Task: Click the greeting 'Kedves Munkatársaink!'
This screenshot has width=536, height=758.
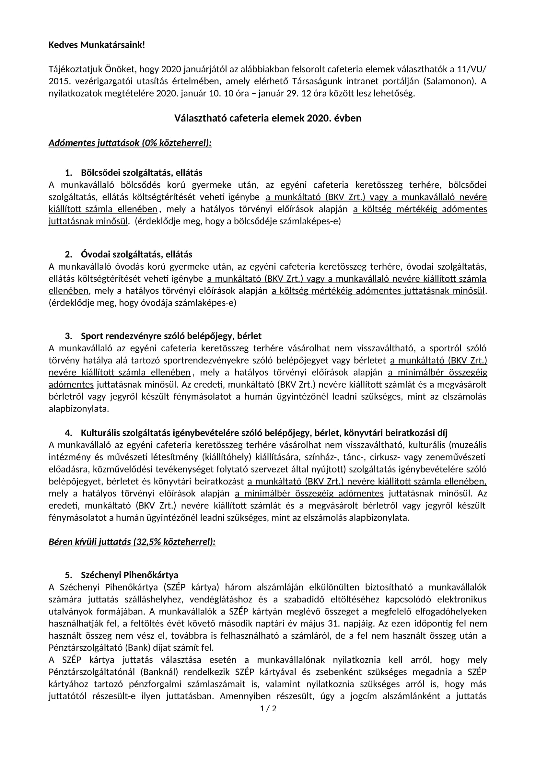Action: pos(97,45)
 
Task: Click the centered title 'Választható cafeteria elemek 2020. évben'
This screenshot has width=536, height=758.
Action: pos(268,118)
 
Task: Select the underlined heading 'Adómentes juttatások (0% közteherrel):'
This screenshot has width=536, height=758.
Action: pos(130,143)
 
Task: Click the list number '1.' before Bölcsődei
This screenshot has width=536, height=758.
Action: pos(69,173)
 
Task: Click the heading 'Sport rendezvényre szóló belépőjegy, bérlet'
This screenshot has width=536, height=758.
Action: pos(171,336)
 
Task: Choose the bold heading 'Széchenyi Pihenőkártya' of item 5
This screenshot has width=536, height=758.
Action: pos(129,575)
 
